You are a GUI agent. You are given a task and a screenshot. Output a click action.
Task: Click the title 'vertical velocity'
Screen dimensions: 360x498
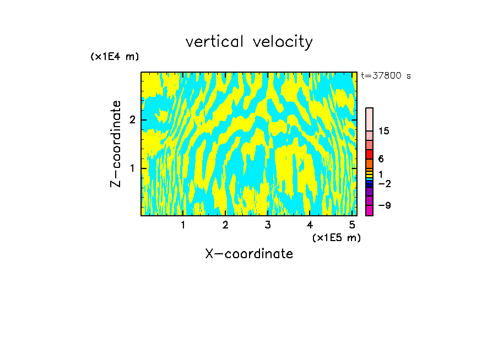coord(249,42)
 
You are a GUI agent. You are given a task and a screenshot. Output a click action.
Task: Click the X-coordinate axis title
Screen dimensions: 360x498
coord(249,254)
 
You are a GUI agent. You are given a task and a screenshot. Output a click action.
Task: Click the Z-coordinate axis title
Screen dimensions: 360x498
coord(116,144)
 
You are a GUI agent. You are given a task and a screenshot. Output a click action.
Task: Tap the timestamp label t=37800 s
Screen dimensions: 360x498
coord(386,76)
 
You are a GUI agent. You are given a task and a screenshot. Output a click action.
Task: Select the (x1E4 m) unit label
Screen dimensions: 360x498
coord(115,57)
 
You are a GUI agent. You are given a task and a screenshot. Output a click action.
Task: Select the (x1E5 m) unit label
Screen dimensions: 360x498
coord(336,237)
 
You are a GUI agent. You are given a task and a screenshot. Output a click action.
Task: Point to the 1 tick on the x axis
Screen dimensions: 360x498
coord(183,225)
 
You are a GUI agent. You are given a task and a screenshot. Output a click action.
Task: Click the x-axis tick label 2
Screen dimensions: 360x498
coord(225,225)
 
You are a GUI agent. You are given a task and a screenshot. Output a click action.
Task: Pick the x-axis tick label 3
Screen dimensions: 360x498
coord(268,225)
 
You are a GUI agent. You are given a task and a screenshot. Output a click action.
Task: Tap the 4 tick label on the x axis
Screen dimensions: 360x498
coord(310,225)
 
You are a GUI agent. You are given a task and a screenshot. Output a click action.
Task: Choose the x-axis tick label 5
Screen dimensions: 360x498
coord(352,225)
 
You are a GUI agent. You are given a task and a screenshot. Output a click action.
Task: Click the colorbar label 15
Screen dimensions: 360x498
coord(384,131)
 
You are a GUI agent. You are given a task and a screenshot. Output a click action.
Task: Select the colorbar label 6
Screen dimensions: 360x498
coord(381,159)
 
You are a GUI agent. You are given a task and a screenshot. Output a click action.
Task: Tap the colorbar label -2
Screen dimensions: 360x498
coord(384,183)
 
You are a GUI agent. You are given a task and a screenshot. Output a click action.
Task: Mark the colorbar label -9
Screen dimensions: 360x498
coord(384,205)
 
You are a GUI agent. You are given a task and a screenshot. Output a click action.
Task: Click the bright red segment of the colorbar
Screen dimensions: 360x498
coord(369,154)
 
